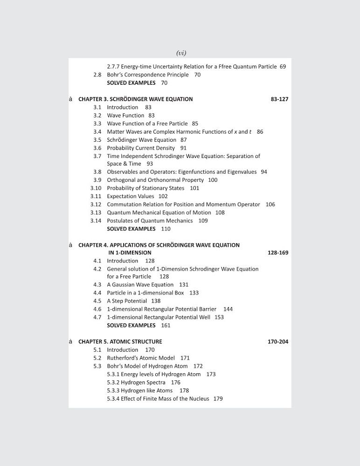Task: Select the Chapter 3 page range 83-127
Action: pyautogui.click(x=279, y=99)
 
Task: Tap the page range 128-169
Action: pyautogui.click(x=278, y=253)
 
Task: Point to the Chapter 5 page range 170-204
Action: pyautogui.click(x=278, y=342)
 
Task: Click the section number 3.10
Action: pyautogui.click(x=96, y=188)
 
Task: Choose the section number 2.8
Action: pyautogui.click(x=97, y=75)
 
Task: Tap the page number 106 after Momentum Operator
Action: pyautogui.click(x=270, y=205)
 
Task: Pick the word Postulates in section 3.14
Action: pyautogui.click(x=120, y=221)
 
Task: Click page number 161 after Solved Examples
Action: pyautogui.click(x=166, y=325)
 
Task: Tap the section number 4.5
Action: pyautogui.click(x=97, y=301)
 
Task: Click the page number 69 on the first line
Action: pyautogui.click(x=283, y=67)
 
